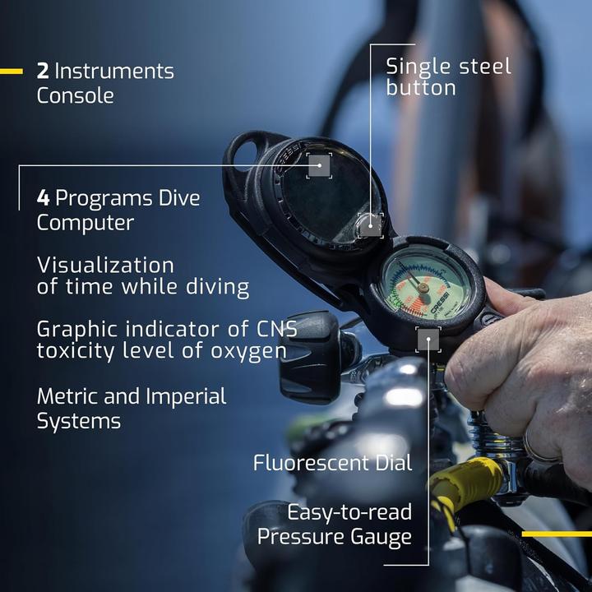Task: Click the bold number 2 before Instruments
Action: coord(43,71)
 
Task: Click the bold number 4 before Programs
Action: coord(43,198)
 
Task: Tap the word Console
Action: coord(76,95)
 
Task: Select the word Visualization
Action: coord(105,265)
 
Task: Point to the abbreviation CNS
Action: coord(277,329)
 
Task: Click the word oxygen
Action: coord(248,352)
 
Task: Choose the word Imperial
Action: coord(186,397)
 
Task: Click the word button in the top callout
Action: coord(421,88)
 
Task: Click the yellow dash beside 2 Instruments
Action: coord(12,71)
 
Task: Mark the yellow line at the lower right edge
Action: coord(557,534)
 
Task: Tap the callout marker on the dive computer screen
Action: coord(319,165)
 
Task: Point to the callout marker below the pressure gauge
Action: coord(428,339)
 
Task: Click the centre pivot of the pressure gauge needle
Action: coord(423,288)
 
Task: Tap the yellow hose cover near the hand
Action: coord(465,480)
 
